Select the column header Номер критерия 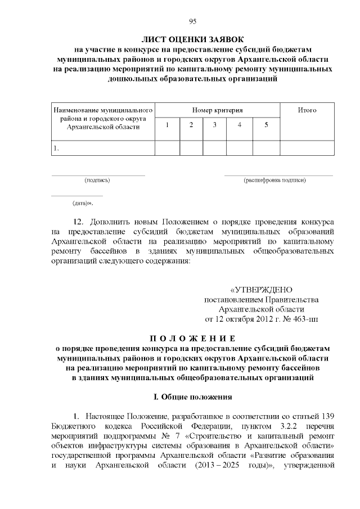coord(217,110)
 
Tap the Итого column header coord(307,110)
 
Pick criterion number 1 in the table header coord(167,125)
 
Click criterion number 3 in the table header coord(214,125)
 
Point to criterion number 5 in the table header coord(266,125)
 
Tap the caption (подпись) coord(97,181)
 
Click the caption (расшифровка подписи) coord(274,181)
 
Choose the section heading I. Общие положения coord(193,397)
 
